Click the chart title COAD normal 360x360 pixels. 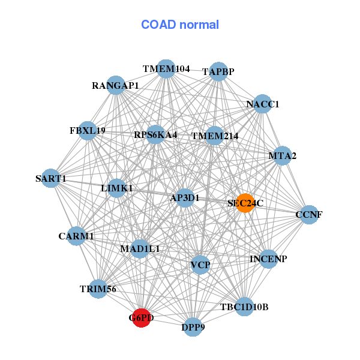coord(180,25)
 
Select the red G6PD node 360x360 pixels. coord(140,317)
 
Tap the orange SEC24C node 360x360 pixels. coord(245,203)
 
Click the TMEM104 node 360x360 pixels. coord(166,69)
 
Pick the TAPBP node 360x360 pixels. coord(218,71)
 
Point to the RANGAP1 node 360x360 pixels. coord(116,85)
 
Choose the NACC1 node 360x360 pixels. coord(262,104)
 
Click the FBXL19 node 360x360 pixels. coord(88,130)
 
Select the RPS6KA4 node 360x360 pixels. coord(155,134)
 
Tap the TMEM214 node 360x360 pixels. coord(214,136)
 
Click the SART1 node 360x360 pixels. coord(51,178)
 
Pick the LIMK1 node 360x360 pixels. coord(117,188)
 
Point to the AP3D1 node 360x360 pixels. coord(185,197)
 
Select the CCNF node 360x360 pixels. coord(308,214)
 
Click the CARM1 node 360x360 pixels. coord(77,236)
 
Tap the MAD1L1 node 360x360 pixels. coord(140,248)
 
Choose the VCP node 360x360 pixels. coord(200,265)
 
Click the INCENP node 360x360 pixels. coord(268,259)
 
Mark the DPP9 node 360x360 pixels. coord(193,327)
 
